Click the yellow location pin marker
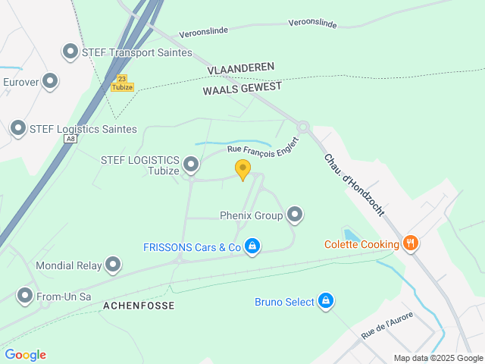point(242,168)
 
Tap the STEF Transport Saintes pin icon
point(70,52)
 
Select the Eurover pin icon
point(50,81)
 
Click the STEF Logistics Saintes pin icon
point(18,129)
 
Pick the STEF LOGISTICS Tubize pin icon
point(191,164)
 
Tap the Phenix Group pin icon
point(295,215)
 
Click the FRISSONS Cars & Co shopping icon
point(253,246)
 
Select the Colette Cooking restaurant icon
point(411,243)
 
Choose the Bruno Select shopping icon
point(326,302)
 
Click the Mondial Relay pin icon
point(113,265)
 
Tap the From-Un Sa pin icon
point(26,296)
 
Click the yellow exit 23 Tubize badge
point(122,83)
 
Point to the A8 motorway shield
point(71,140)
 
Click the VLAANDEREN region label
point(240,68)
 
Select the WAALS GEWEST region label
point(242,88)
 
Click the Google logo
point(26,355)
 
